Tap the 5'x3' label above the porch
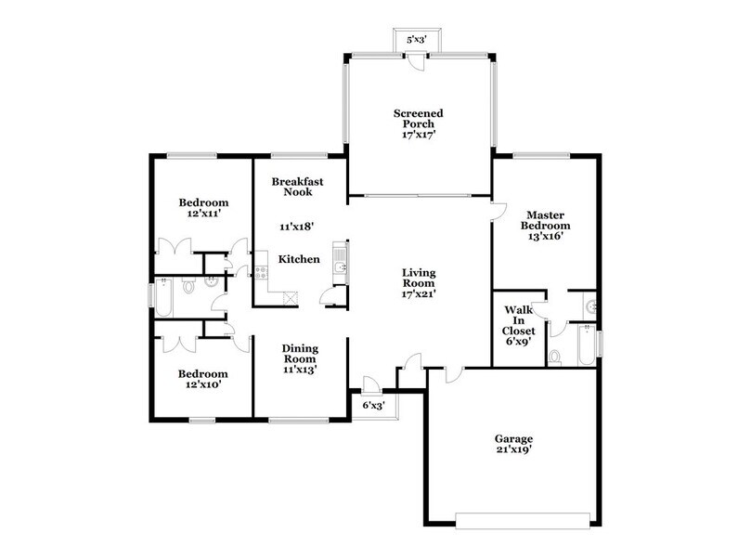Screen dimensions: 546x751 tap(417, 41)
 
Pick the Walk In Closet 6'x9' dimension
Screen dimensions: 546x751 tap(518, 341)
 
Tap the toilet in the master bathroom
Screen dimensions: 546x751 tap(554, 357)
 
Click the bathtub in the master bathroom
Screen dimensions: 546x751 tap(585, 345)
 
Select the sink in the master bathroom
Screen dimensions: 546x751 tap(590, 305)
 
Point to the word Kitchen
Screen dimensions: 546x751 tap(300, 259)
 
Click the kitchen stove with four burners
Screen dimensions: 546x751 tap(262, 272)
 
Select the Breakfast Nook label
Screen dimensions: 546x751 tap(297, 187)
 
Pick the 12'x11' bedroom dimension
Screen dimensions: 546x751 tap(202, 214)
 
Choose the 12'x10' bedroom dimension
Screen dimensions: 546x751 tap(202, 383)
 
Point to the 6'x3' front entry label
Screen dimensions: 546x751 tap(374, 406)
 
